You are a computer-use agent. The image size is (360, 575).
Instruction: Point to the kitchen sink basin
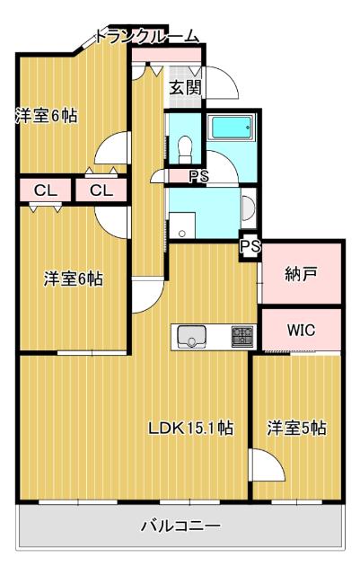coord(191,337)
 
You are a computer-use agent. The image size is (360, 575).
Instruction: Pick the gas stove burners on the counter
coord(241,337)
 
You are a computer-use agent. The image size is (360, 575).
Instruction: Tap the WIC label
coord(301,330)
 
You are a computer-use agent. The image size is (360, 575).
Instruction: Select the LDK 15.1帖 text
coord(190,428)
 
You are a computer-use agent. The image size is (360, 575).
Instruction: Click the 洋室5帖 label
coord(296,428)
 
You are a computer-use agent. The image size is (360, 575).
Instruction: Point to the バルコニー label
coord(180,526)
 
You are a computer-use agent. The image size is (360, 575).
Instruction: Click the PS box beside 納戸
coord(250,245)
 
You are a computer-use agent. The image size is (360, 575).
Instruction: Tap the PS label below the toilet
coord(198,177)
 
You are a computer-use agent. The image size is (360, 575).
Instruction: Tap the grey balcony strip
coord(90,530)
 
